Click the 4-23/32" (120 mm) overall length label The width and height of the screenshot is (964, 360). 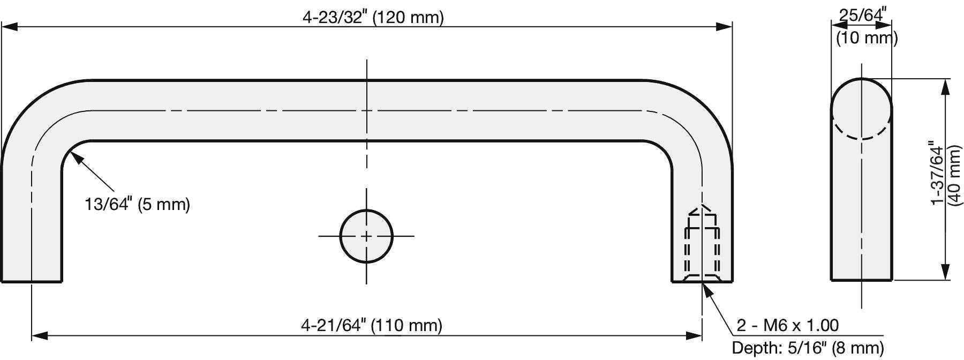[373, 17]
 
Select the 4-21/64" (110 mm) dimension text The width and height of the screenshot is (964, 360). [372, 325]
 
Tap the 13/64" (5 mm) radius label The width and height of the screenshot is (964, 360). [138, 204]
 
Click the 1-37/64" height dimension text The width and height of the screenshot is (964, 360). [937, 172]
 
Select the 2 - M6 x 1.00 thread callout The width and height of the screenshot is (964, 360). [787, 325]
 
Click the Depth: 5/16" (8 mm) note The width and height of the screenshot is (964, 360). [808, 348]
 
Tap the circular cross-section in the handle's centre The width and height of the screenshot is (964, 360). [366, 236]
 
